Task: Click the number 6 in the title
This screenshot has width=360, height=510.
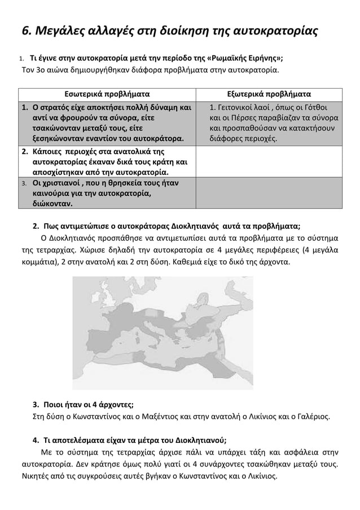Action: [19, 30]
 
